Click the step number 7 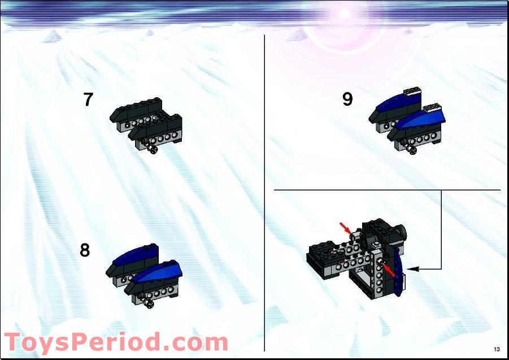click(88, 99)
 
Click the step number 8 click(85, 250)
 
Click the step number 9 click(347, 99)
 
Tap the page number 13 click(497, 349)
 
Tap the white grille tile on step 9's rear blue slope click(411, 90)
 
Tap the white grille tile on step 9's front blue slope click(433, 107)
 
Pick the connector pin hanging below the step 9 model click(412, 150)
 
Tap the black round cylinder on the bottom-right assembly click(401, 231)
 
